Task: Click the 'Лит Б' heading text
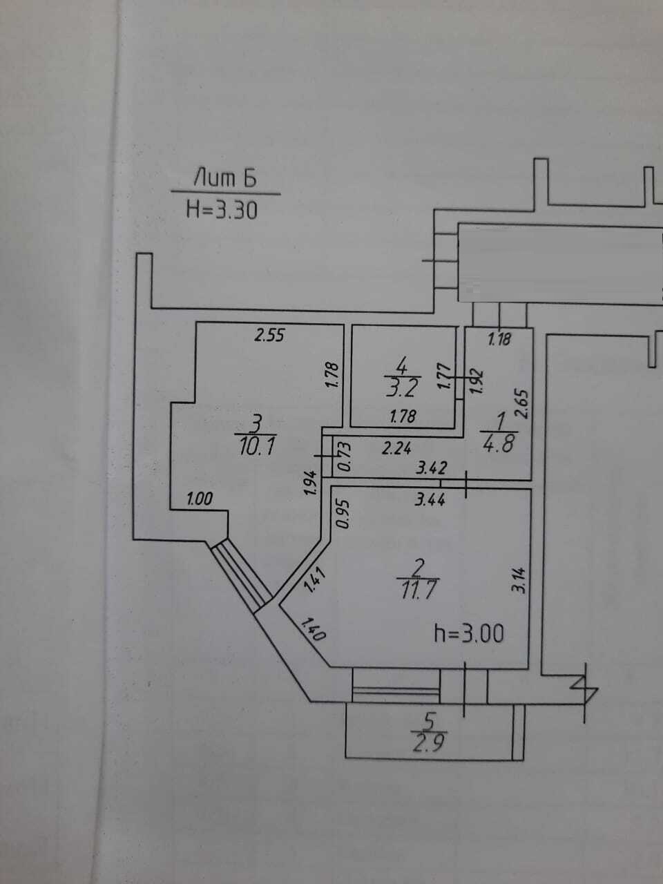(225, 178)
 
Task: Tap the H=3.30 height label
(222, 210)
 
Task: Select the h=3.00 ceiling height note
(469, 634)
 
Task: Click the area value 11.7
(419, 590)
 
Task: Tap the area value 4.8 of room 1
(499, 442)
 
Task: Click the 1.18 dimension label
(499, 339)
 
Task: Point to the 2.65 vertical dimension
(522, 404)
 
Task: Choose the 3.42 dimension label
(431, 468)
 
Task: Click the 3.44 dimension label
(430, 500)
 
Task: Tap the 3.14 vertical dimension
(519, 580)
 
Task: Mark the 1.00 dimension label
(200, 499)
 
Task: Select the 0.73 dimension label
(345, 457)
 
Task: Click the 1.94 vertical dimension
(311, 483)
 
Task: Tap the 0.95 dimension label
(343, 515)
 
